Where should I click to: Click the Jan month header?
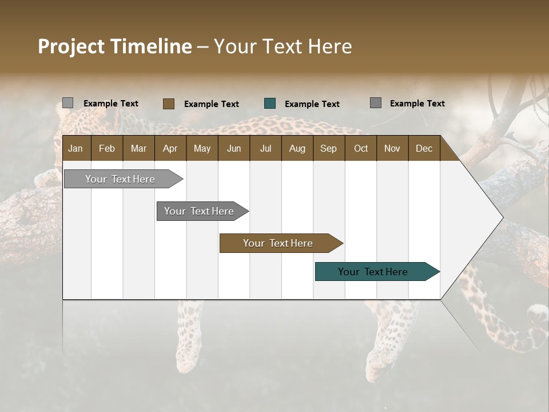pyautogui.click(x=75, y=148)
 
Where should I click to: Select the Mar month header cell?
pyautogui.click(x=138, y=148)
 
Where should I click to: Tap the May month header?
pyautogui.click(x=202, y=148)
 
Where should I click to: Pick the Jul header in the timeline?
pyautogui.click(x=265, y=148)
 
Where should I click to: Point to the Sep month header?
pyautogui.click(x=328, y=148)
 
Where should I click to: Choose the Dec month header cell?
pyautogui.click(x=424, y=148)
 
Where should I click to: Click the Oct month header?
pyautogui.click(x=361, y=148)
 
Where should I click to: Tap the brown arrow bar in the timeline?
pyautogui.click(x=279, y=243)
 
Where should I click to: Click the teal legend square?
pyautogui.click(x=270, y=104)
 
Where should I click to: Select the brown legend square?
pyautogui.click(x=168, y=104)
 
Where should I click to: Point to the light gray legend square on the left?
pyautogui.click(x=67, y=103)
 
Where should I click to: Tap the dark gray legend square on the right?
pyautogui.click(x=375, y=103)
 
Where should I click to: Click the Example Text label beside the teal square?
pyautogui.click(x=312, y=104)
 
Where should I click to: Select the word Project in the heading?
pyautogui.click(x=71, y=46)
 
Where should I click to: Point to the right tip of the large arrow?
pyautogui.click(x=502, y=217)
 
